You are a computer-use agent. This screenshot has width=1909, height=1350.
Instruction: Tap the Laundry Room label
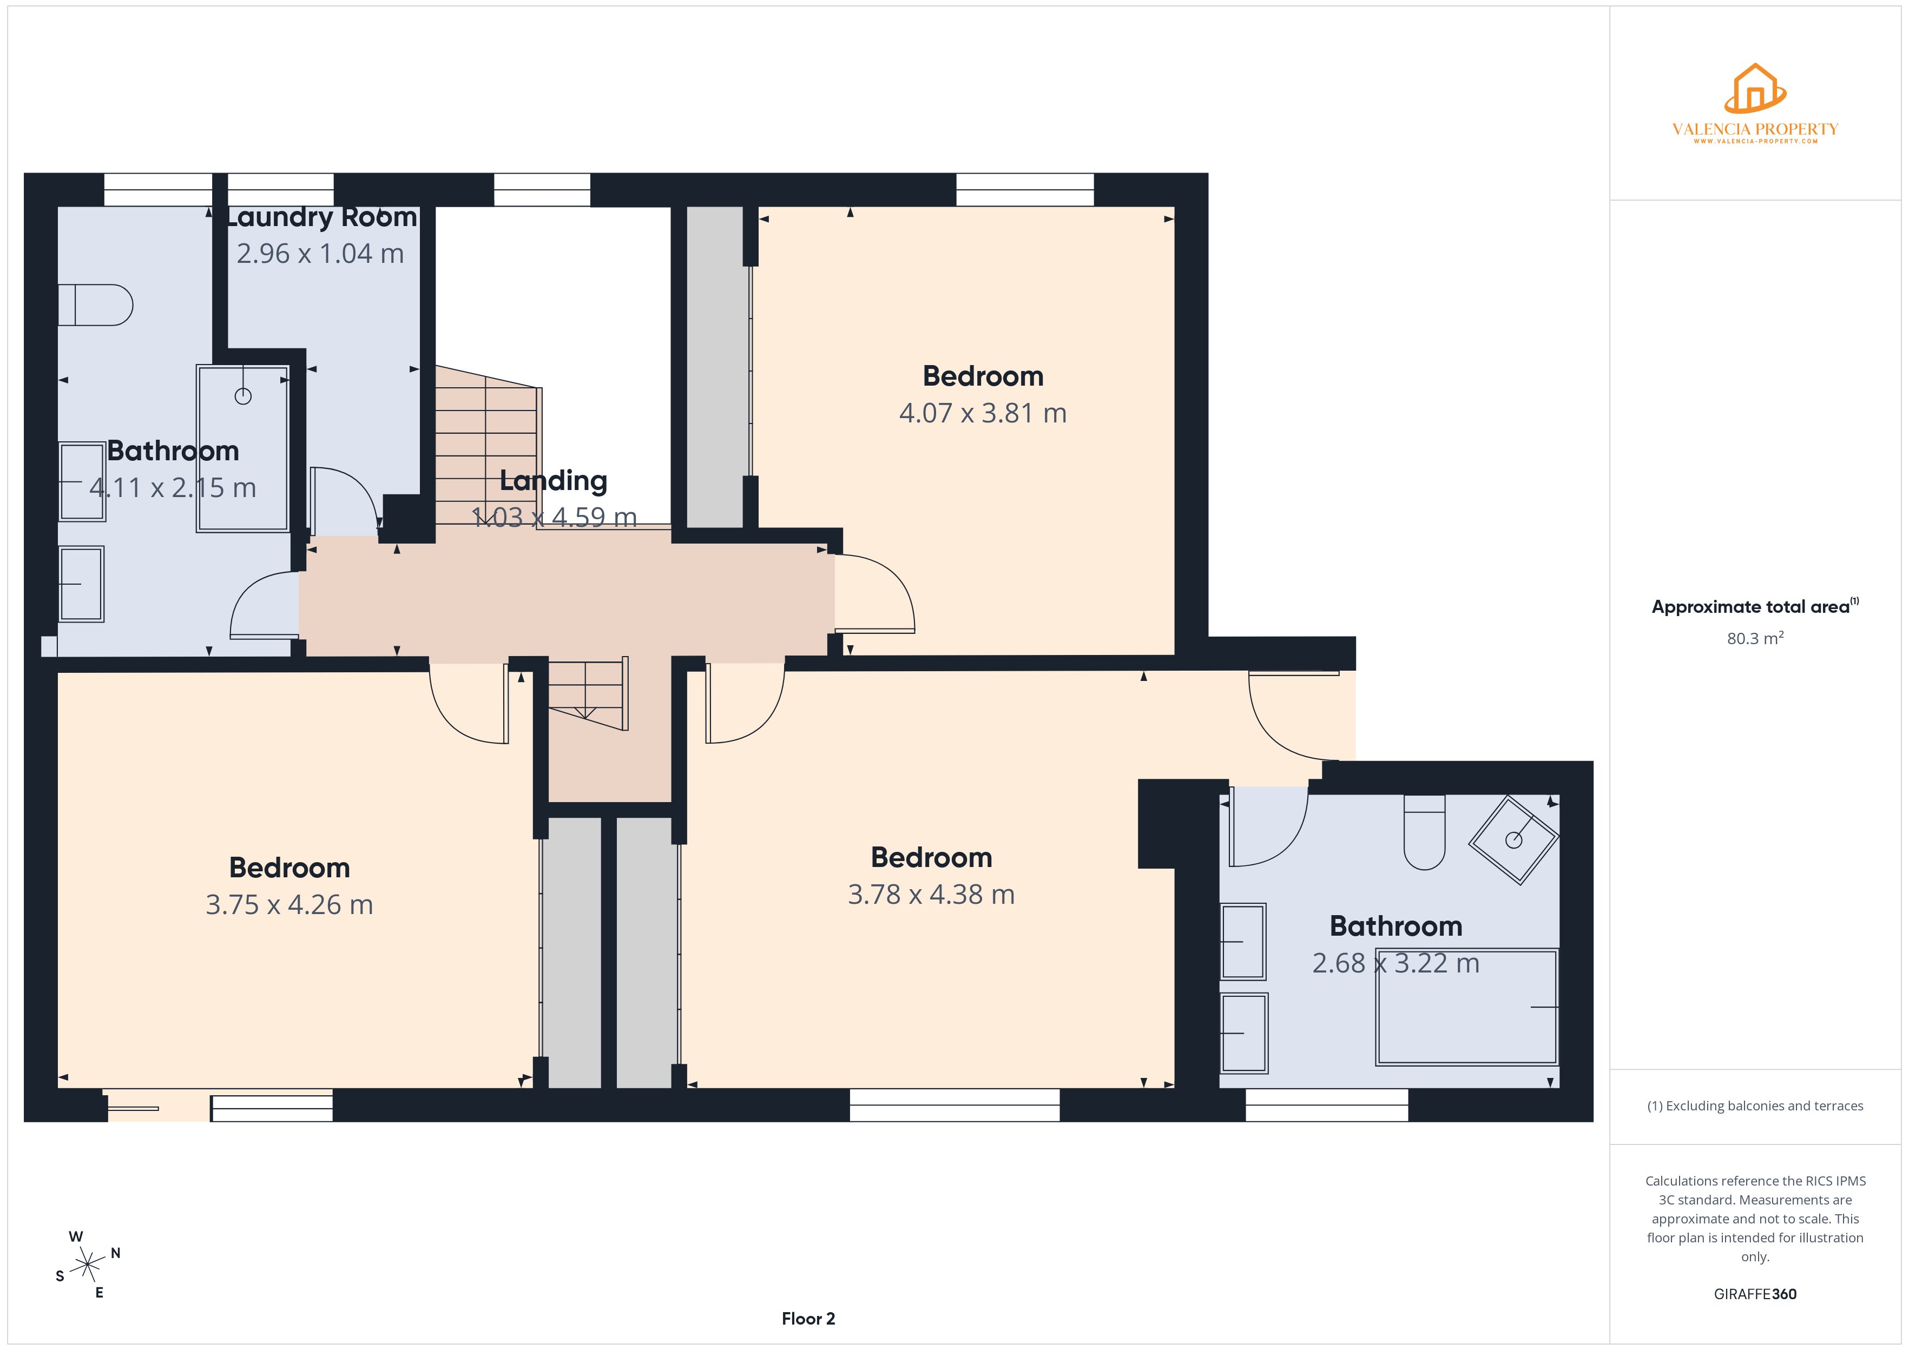point(321,217)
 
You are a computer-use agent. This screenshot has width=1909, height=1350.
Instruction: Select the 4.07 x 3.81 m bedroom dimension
point(982,413)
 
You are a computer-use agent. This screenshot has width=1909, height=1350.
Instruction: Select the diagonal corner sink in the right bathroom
point(1513,839)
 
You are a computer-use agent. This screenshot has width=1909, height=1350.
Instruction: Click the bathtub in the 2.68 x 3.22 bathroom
point(1466,1008)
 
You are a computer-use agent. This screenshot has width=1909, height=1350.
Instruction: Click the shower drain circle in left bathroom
point(243,396)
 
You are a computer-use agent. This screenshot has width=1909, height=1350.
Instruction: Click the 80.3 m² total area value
point(1754,638)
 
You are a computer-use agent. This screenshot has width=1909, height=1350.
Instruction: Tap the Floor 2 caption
point(807,1319)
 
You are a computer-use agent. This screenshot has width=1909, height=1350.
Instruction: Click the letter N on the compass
point(116,1253)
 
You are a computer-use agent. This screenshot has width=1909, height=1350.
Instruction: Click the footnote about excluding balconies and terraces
point(1754,1106)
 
